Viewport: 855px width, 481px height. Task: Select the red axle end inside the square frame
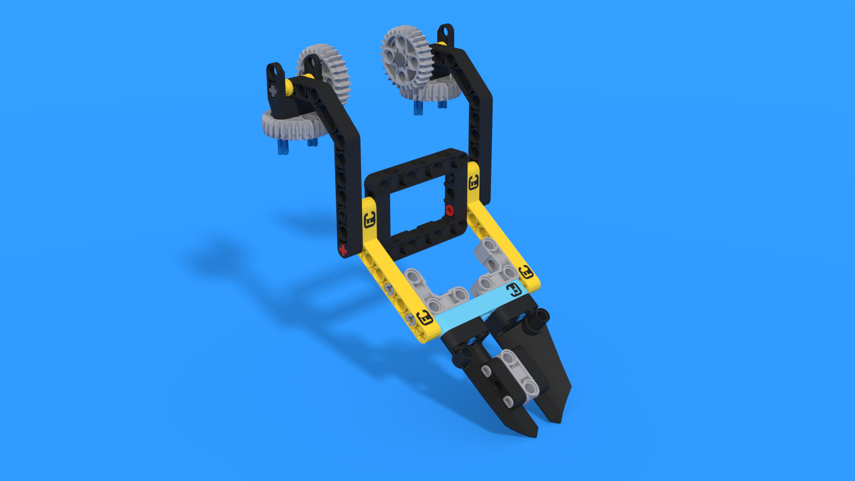tap(449, 210)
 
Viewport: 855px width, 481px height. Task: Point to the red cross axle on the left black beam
tap(343, 250)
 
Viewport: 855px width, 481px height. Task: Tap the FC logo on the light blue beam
tap(513, 290)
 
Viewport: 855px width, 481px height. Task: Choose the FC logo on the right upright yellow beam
tap(473, 182)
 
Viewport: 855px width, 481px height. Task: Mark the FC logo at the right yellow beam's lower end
tap(526, 272)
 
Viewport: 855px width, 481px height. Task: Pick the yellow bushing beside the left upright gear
tap(290, 87)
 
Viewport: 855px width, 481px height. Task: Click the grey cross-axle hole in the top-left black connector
tap(273, 91)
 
